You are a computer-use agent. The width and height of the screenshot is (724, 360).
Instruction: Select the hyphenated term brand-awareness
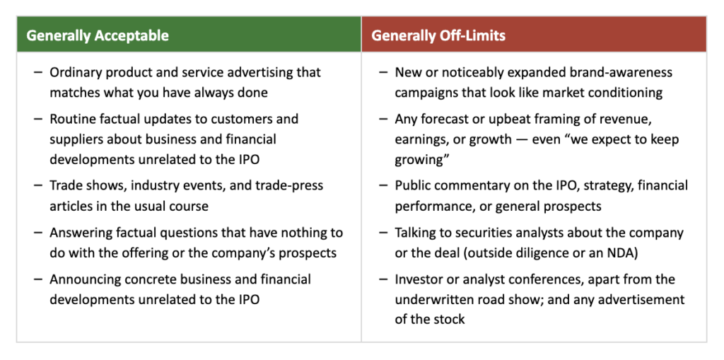pyautogui.click(x=619, y=73)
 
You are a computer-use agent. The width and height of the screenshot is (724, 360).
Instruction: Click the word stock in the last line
pyautogui.click(x=449, y=320)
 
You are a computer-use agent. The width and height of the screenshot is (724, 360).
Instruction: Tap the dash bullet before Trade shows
pyautogui.click(x=38, y=186)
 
